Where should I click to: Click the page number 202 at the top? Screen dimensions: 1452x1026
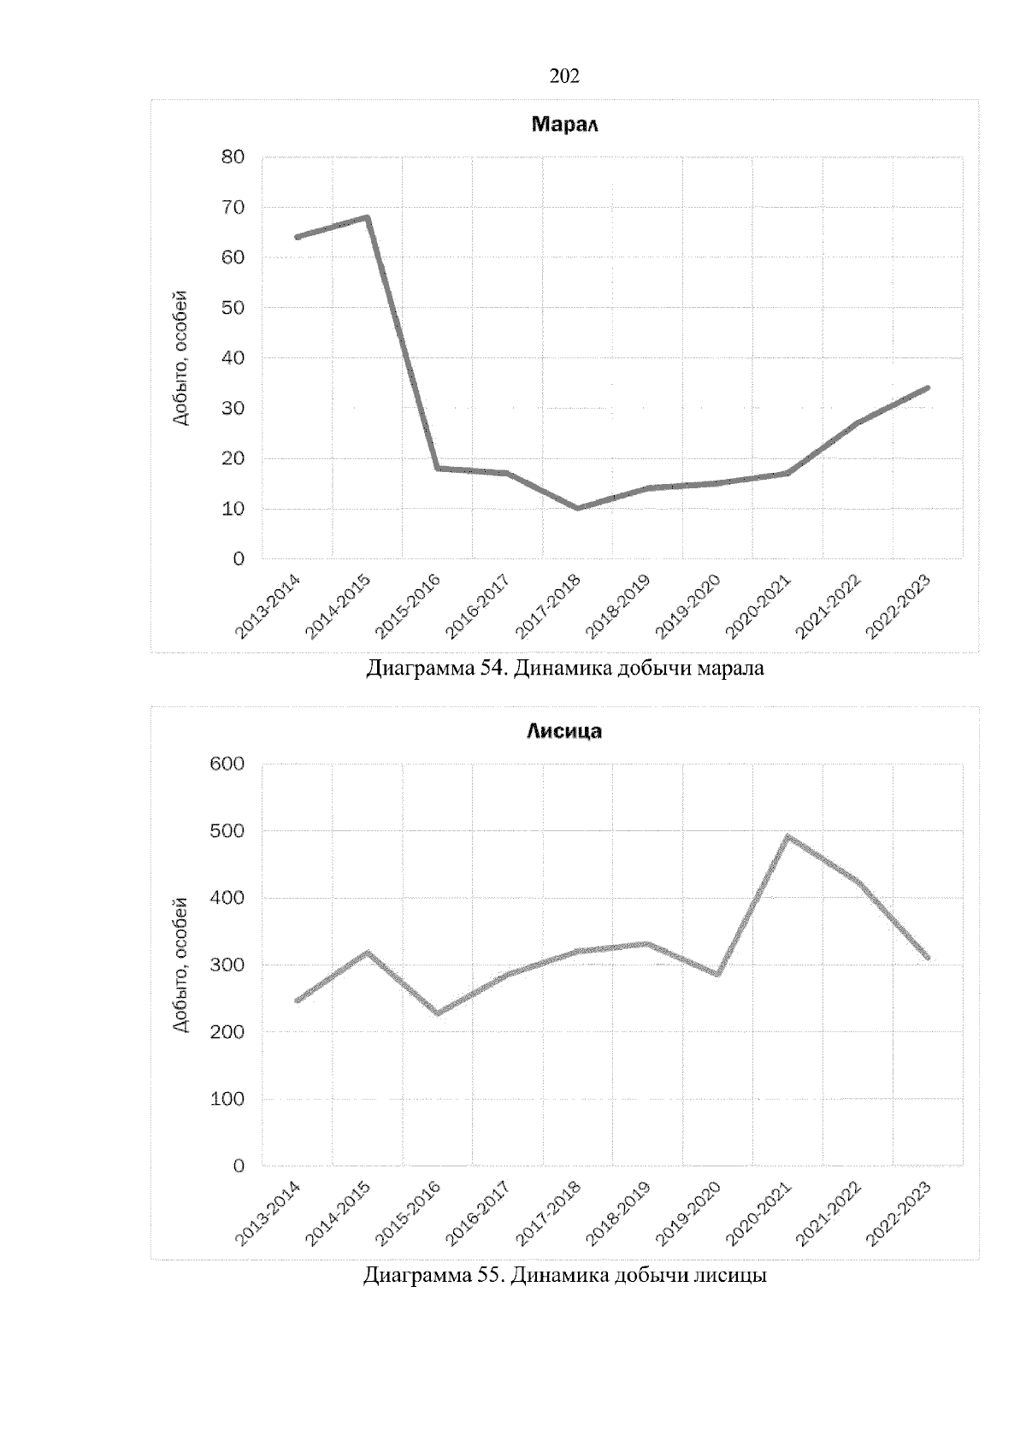[564, 77]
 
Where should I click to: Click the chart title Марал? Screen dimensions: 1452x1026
[564, 125]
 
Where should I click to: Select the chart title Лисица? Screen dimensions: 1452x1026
[564, 731]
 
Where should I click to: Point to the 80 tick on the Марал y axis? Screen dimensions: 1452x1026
[233, 156]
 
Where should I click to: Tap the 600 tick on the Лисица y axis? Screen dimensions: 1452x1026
[227, 764]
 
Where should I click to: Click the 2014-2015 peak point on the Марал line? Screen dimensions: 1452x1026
[367, 217]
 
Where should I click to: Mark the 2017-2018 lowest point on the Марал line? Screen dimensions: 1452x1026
[578, 508]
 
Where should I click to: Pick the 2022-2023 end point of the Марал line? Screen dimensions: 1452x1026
[928, 388]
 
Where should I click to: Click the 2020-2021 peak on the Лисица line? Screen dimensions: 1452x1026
[787, 836]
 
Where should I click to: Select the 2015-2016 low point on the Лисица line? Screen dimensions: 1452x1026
[438, 1013]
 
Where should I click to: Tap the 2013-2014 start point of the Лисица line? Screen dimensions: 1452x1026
[298, 1000]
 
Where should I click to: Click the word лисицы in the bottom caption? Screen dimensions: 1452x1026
[729, 1276]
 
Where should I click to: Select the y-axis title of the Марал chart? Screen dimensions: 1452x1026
[180, 358]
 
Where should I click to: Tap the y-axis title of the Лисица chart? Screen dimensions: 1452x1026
[180, 965]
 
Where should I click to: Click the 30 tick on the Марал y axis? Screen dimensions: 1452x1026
[233, 408]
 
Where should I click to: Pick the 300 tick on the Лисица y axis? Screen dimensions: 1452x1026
[227, 965]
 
